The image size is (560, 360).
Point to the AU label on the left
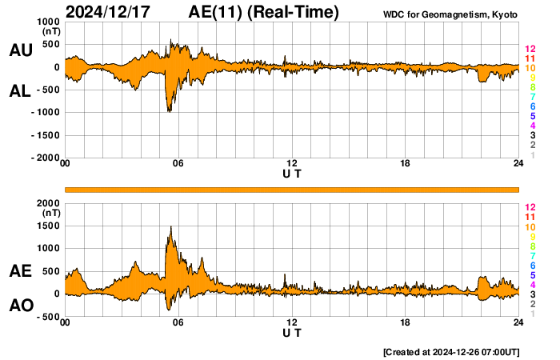pos(21,50)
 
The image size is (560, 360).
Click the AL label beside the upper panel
pos(21,91)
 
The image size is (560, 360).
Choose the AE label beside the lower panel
pos(21,272)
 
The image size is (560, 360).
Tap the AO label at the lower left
pos(21,305)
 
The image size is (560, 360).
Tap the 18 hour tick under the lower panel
pos(406,322)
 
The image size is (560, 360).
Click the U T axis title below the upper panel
pos(292,173)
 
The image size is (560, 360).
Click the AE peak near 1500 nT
pos(170,227)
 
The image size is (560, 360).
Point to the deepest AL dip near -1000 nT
pos(169,110)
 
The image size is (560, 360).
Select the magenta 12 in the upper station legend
pos(530,50)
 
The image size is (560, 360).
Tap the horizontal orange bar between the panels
pos(292,189)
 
